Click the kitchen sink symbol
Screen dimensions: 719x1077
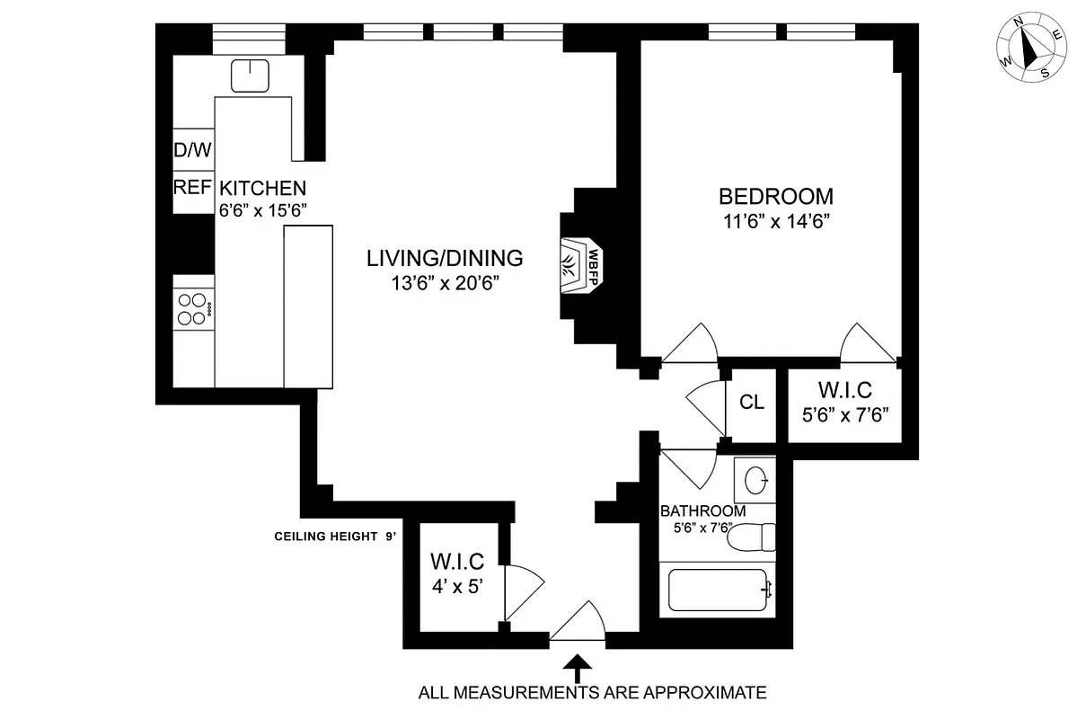[x=249, y=75]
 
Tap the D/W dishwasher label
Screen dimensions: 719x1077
[x=192, y=150]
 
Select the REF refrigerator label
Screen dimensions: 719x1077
[x=192, y=188]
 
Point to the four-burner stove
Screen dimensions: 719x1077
[x=193, y=309]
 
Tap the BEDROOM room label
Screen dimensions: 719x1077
[x=775, y=196]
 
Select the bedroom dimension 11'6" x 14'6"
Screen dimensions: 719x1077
[x=775, y=222]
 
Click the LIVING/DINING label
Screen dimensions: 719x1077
[x=444, y=259]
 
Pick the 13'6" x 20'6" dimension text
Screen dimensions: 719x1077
[x=444, y=284]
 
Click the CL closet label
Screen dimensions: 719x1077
[x=752, y=402]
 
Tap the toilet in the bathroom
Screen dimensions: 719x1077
[x=751, y=537]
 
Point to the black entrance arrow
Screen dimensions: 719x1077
[x=578, y=668]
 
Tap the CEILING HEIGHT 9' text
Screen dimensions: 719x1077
[x=335, y=537]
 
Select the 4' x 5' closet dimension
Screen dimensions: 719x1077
[x=457, y=587]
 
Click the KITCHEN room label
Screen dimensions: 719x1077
[x=263, y=189]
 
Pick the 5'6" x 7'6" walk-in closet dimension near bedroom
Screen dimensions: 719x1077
[x=844, y=416]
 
